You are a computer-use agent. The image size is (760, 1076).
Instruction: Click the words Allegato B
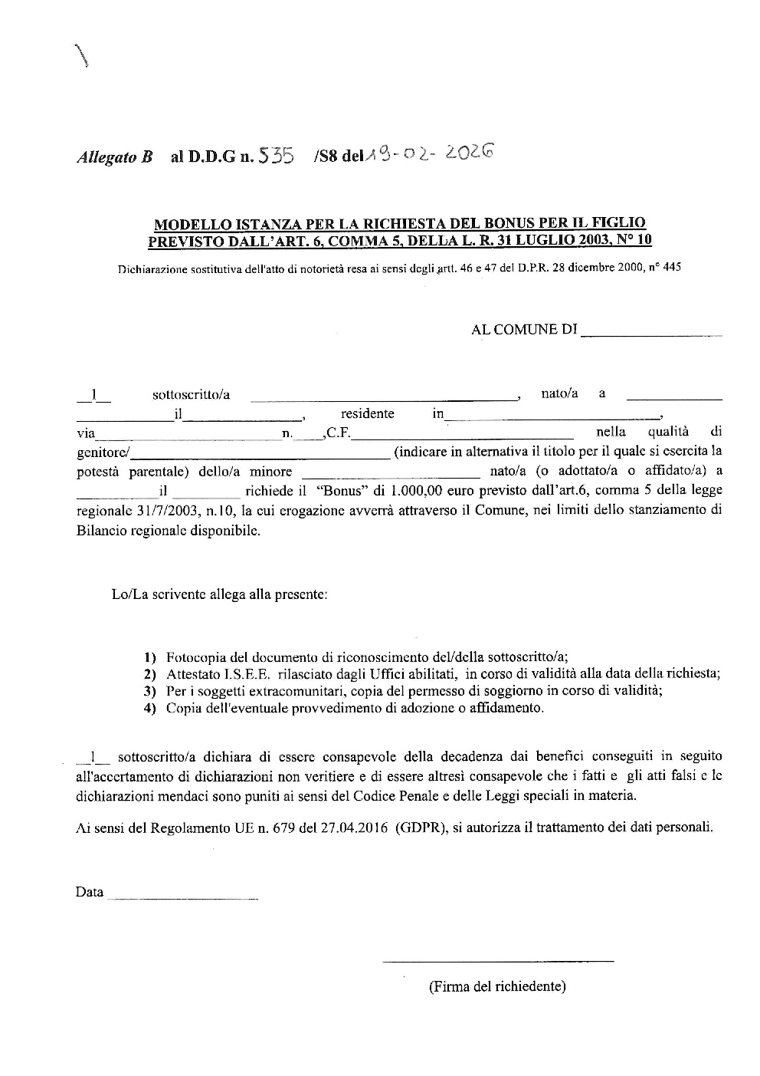click(114, 158)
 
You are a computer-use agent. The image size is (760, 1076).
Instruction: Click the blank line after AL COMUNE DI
click(652, 334)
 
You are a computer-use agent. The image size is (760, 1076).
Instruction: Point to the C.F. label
click(339, 434)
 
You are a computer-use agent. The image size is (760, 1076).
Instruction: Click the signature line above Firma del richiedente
click(498, 960)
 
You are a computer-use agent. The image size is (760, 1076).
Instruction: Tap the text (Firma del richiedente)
click(497, 986)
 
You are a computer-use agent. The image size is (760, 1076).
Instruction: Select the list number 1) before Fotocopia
click(150, 657)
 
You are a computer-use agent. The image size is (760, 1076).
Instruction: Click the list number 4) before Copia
click(150, 709)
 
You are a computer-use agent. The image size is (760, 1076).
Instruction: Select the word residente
click(368, 414)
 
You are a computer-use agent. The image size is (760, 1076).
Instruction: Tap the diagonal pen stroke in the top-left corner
click(80, 57)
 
